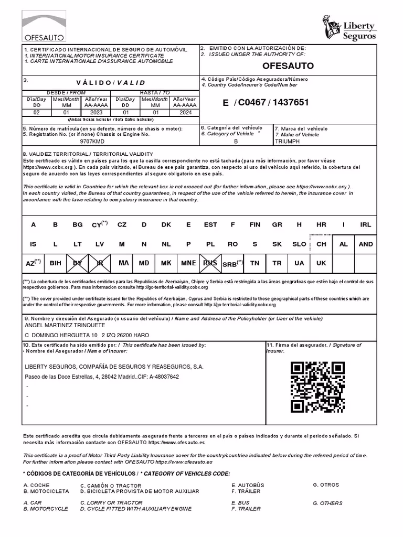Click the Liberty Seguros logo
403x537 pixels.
(x=349, y=28)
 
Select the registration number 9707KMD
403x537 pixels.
(x=92, y=142)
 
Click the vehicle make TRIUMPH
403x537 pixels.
(x=288, y=142)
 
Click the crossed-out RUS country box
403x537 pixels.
(x=210, y=263)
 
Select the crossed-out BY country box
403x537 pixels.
(x=78, y=263)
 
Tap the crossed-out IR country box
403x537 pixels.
(x=100, y=263)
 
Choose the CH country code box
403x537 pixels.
(x=321, y=244)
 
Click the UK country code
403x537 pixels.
(x=321, y=263)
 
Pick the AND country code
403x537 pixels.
(x=366, y=244)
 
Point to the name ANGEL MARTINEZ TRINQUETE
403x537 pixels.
(x=65, y=326)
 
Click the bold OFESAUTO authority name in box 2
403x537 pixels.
(x=288, y=66)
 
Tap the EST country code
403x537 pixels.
(x=210, y=224)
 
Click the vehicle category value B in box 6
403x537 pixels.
(x=236, y=142)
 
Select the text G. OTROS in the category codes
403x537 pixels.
(x=326, y=485)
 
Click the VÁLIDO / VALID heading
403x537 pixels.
(x=111, y=83)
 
